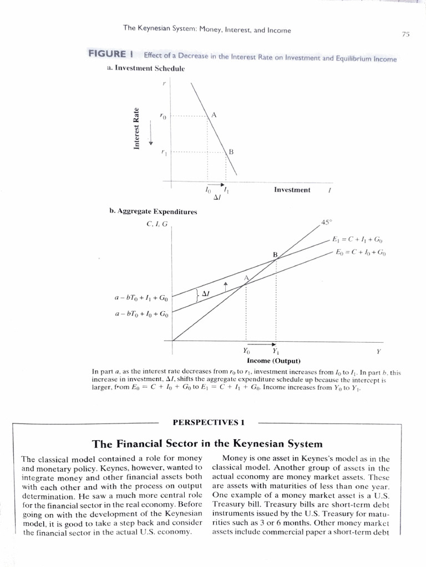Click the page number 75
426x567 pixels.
click(405, 34)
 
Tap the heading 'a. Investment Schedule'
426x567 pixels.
click(145, 68)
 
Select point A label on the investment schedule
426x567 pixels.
click(213, 115)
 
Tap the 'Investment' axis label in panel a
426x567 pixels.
click(292, 190)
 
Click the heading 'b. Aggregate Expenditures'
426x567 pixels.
click(153, 212)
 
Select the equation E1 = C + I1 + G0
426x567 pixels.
click(357, 240)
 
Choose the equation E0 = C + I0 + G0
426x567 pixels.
click(361, 252)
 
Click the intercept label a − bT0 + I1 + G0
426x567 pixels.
click(141, 298)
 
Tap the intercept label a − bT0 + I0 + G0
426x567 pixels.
click(141, 315)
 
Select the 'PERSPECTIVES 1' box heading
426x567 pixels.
click(209, 422)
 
